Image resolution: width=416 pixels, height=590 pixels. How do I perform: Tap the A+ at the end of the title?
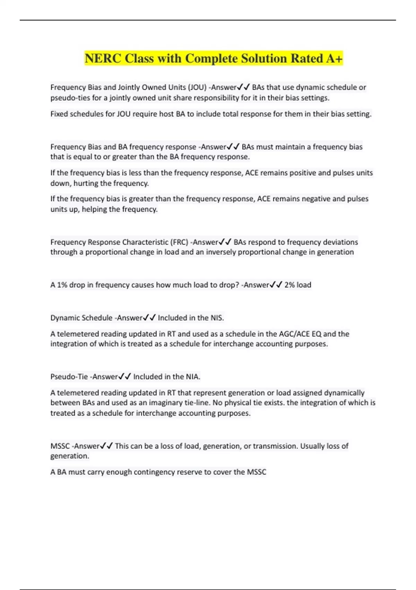tap(334, 59)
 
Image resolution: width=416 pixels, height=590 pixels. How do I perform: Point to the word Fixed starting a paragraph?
tap(59, 114)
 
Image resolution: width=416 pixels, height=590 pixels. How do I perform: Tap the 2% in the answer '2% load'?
tap(289, 285)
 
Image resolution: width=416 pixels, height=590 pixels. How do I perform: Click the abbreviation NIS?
tap(217, 318)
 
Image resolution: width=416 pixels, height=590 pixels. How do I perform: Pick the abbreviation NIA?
tap(193, 377)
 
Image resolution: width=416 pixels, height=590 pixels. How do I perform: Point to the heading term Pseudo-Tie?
tap(69, 377)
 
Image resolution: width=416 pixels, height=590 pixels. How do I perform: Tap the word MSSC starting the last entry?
tap(60, 446)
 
